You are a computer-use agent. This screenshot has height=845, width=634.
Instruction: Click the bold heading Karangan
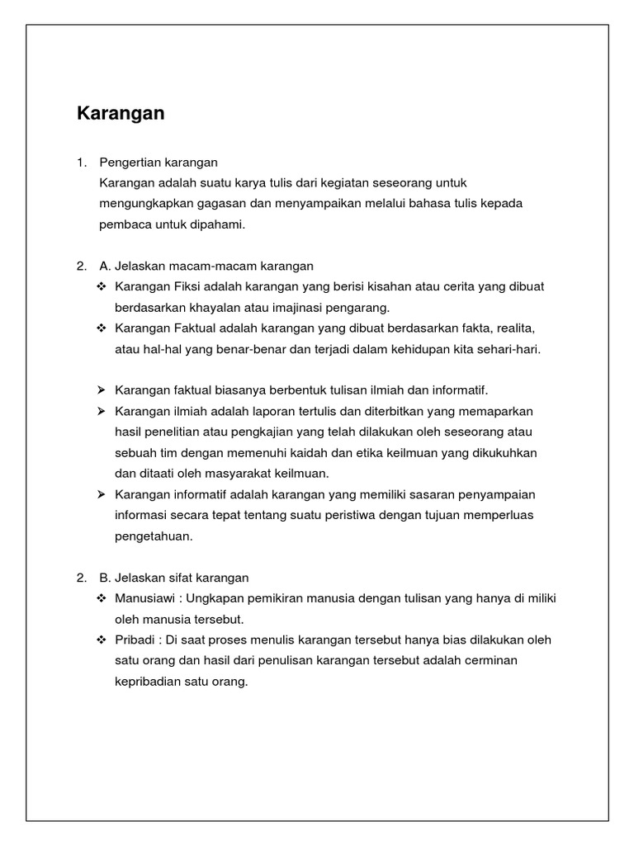pos(121,114)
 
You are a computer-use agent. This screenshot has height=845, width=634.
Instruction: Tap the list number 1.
pos(80,162)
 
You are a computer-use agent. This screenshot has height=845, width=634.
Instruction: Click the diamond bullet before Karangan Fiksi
pos(102,286)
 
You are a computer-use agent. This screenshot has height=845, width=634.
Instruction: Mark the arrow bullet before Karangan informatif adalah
pos(102,494)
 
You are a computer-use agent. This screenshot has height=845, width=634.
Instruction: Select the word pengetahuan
pos(153,536)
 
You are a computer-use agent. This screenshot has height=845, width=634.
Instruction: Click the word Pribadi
pos(135,640)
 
